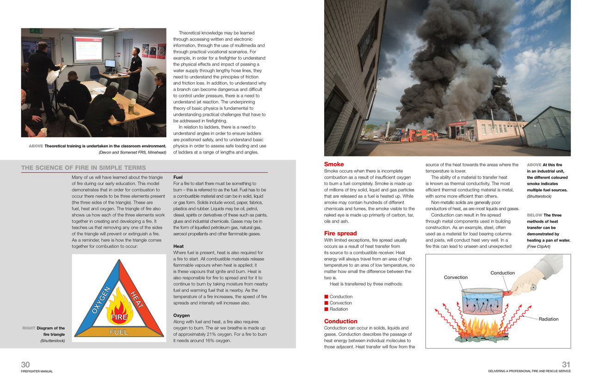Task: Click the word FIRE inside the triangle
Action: coord(119,318)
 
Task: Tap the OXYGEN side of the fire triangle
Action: coord(100,301)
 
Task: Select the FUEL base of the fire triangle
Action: coord(118,332)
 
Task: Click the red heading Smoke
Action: coord(334,164)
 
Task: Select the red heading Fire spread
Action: coord(340,234)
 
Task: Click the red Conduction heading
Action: coord(340,321)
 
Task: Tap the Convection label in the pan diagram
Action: coord(456,277)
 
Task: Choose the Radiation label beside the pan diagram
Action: coord(549,319)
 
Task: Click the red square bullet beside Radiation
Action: coord(326,309)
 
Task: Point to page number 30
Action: coord(25,365)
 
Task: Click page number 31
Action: coord(566,365)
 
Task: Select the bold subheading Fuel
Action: coord(178,177)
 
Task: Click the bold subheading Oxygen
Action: coord(181,315)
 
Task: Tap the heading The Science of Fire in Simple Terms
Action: coord(83,168)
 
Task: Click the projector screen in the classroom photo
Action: coord(88,49)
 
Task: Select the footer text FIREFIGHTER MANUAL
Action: coord(37,371)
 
